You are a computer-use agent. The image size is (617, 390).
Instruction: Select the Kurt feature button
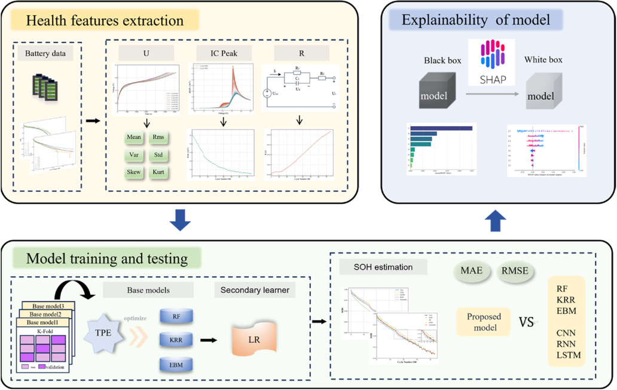point(158,172)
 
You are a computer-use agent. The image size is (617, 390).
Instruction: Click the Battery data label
point(49,54)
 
